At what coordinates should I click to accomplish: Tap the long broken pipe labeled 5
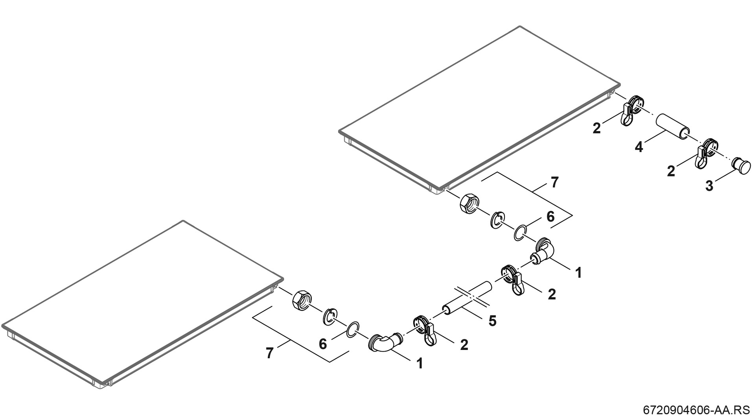(467, 298)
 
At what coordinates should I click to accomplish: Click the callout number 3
(709, 186)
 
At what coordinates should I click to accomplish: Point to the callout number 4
(639, 148)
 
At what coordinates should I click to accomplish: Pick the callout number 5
(492, 321)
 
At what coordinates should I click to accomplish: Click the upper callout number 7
(554, 183)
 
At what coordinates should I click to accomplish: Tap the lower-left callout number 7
(269, 353)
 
